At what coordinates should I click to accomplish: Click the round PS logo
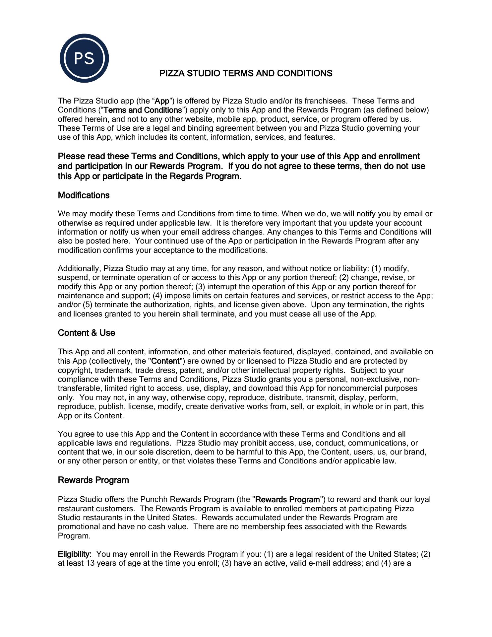(x=84, y=58)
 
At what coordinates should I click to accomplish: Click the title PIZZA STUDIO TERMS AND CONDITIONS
(x=246, y=73)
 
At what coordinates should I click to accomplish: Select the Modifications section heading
(x=84, y=195)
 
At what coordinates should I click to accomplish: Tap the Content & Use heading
(x=86, y=333)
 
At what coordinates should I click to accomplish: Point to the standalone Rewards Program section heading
(x=93, y=480)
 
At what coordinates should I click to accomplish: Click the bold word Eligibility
(x=75, y=554)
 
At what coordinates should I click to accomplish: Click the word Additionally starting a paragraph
(x=79, y=268)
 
